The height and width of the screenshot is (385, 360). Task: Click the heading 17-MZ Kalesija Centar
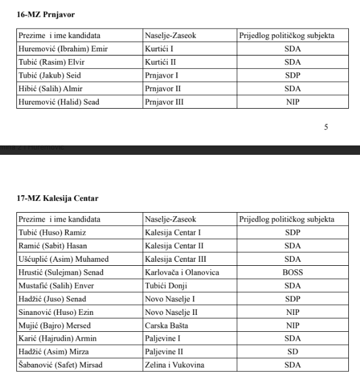pyautogui.click(x=58, y=198)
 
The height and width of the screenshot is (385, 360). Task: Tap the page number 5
pyautogui.click(x=326, y=127)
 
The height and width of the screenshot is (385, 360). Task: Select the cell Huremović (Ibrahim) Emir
pyautogui.click(x=63, y=48)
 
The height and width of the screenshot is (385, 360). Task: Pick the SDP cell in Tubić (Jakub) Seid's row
pyautogui.click(x=292, y=75)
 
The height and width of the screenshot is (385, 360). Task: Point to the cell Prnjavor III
pyautogui.click(x=163, y=102)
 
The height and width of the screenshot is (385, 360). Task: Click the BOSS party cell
pyautogui.click(x=292, y=272)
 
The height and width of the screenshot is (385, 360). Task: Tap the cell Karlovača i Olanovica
pyautogui.click(x=182, y=272)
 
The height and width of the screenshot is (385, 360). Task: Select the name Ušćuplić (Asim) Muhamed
pyautogui.click(x=64, y=259)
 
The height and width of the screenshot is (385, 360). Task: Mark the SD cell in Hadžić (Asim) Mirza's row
pyautogui.click(x=292, y=352)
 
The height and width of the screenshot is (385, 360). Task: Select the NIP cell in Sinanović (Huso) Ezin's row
pyautogui.click(x=292, y=312)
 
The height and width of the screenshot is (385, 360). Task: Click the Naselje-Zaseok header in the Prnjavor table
pyautogui.click(x=171, y=36)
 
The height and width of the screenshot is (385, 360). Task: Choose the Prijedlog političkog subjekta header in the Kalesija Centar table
pyautogui.click(x=287, y=220)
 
